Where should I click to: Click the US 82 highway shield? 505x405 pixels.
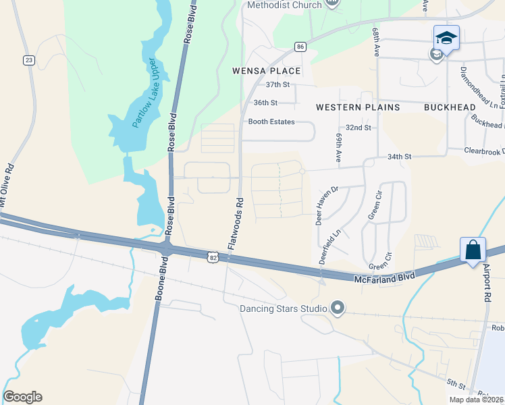pos(213,256)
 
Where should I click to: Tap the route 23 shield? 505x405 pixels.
pos(28,61)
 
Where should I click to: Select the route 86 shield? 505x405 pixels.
pos(300,47)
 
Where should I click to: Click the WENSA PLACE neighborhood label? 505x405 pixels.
pos(266,70)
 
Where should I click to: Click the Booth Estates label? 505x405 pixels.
pos(271,122)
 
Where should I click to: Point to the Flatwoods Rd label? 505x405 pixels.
pos(235,224)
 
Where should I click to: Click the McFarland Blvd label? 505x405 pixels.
pos(382,277)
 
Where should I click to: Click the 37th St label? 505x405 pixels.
pos(277,85)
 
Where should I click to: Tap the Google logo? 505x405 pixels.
pos(22,397)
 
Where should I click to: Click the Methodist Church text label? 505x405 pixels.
pos(284,5)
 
